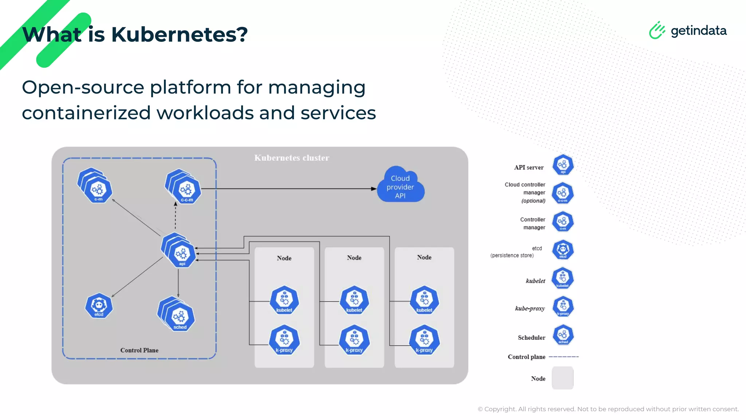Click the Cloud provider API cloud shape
400,186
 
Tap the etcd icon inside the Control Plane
99,306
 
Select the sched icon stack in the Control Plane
177,314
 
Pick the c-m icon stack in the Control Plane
96,186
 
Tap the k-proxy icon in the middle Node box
354,340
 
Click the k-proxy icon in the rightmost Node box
424,340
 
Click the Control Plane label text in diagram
139,350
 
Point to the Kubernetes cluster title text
291,158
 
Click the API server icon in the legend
563,165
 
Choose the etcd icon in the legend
563,250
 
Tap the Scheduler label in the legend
531,338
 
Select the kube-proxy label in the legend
530,308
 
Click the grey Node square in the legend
562,378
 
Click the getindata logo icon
657,30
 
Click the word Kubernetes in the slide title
179,35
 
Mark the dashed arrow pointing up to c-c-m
175,216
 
